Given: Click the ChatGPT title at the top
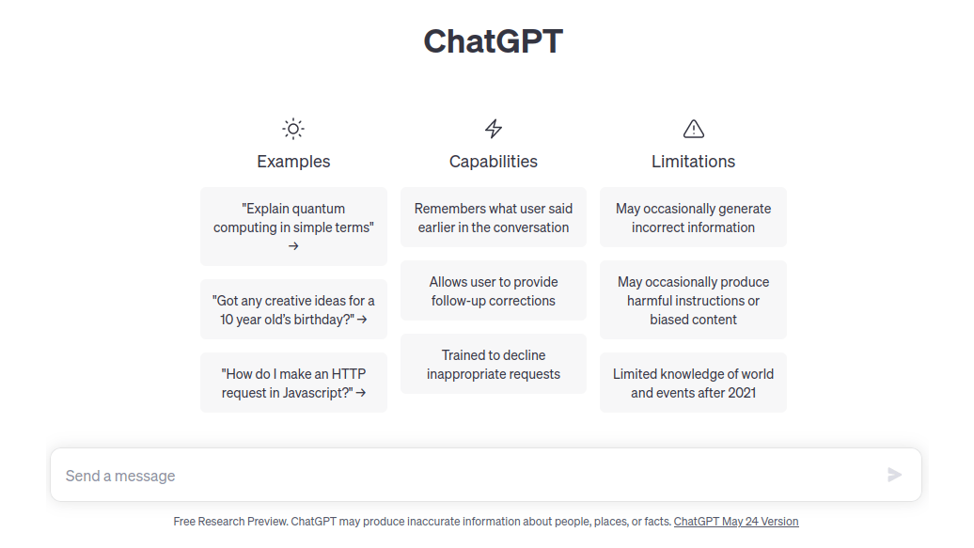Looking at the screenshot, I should click(493, 41).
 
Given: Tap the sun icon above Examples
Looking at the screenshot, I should click(293, 129).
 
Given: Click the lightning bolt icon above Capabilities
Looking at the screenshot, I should click(494, 129).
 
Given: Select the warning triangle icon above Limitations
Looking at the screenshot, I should click(693, 129).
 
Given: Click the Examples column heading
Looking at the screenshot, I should click(293, 162).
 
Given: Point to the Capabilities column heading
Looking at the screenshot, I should click(494, 162).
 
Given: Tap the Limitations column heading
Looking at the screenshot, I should click(693, 162).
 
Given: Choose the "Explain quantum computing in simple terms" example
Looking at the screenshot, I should click(293, 227).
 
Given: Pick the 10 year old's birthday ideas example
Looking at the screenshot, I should click(293, 309).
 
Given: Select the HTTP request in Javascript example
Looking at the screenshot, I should click(293, 383).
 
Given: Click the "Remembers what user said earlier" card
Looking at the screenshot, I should click(494, 217).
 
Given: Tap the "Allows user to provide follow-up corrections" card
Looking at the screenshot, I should click(494, 290).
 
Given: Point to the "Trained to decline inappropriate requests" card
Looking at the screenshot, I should click(494, 364).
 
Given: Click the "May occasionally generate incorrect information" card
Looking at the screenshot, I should click(693, 217).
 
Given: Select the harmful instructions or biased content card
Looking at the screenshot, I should click(693, 300).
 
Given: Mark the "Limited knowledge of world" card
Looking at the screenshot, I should click(693, 383).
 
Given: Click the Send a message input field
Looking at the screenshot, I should click(461, 476).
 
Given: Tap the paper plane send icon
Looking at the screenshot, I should click(894, 476).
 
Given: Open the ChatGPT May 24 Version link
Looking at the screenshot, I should click(736, 522).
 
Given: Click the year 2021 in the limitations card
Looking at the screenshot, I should click(740, 393).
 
